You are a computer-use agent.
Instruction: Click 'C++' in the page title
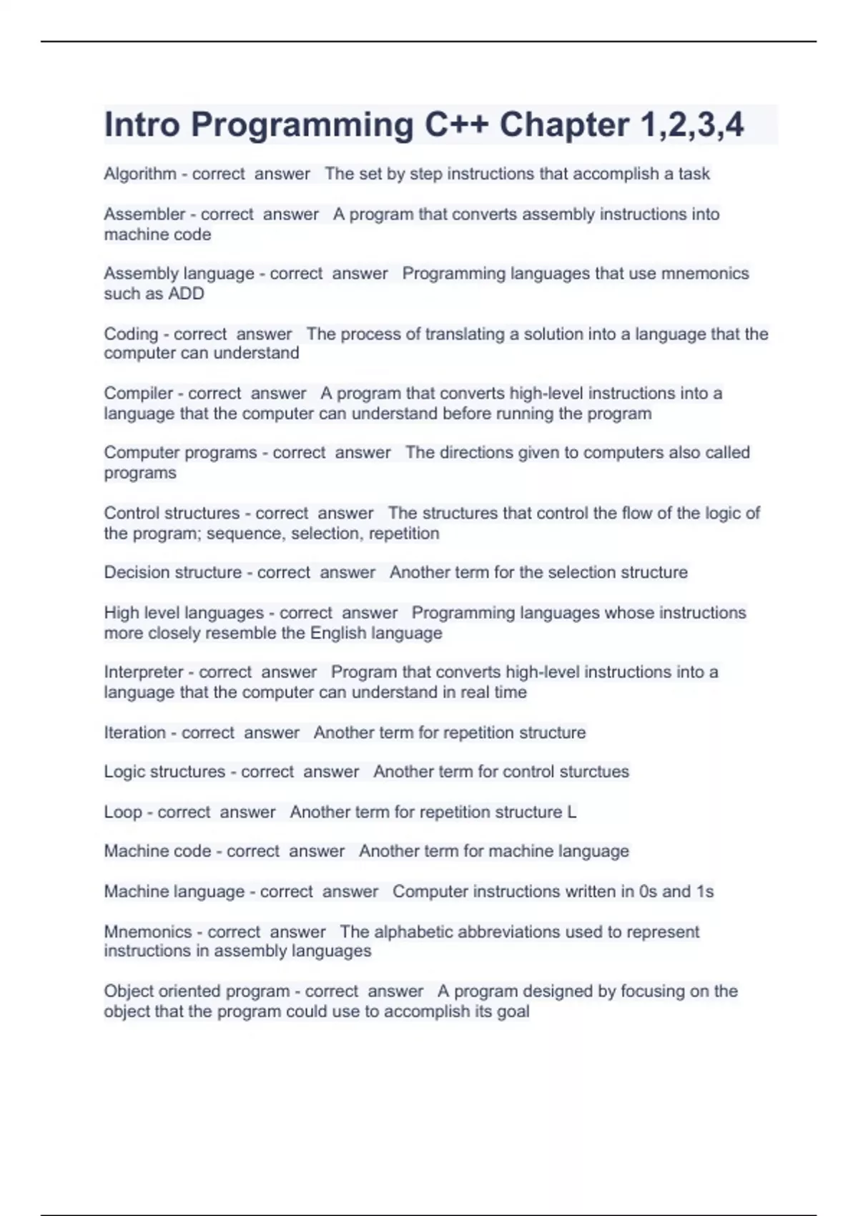pyautogui.click(x=457, y=125)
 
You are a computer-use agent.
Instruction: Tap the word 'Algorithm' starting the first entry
pyautogui.click(x=140, y=174)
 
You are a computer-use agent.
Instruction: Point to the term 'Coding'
pyautogui.click(x=131, y=334)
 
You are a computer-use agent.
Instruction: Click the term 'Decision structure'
pyautogui.click(x=172, y=573)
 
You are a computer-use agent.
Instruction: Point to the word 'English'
pyautogui.click(x=340, y=634)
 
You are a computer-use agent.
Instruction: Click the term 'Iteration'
pyautogui.click(x=134, y=733)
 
